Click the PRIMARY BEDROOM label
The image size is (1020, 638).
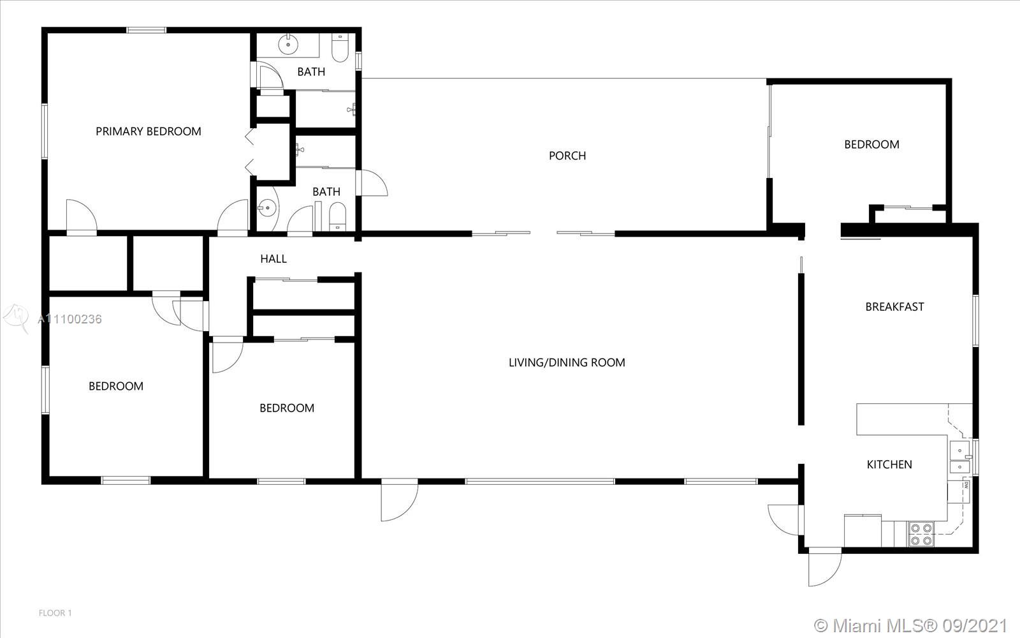click(149, 131)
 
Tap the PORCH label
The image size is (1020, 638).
click(567, 156)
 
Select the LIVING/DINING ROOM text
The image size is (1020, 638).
click(567, 363)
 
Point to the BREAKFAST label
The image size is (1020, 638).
click(895, 307)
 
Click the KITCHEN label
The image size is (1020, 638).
click(889, 464)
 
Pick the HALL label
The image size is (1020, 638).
click(273, 259)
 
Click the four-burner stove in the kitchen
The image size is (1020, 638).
click(921, 534)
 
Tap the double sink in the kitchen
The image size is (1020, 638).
click(960, 457)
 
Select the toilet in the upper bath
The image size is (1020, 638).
click(340, 47)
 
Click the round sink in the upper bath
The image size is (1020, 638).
click(288, 45)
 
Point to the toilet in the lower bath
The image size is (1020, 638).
click(337, 217)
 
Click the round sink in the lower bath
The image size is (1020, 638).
click(268, 208)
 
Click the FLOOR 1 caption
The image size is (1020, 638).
click(55, 613)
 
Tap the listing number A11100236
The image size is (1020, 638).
click(69, 319)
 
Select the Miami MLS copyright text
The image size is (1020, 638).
click(910, 625)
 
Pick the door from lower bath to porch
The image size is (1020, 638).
click(372, 182)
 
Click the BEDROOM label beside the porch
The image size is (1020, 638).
click(871, 144)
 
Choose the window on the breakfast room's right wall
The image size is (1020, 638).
click(975, 321)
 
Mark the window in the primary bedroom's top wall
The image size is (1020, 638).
click(146, 30)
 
